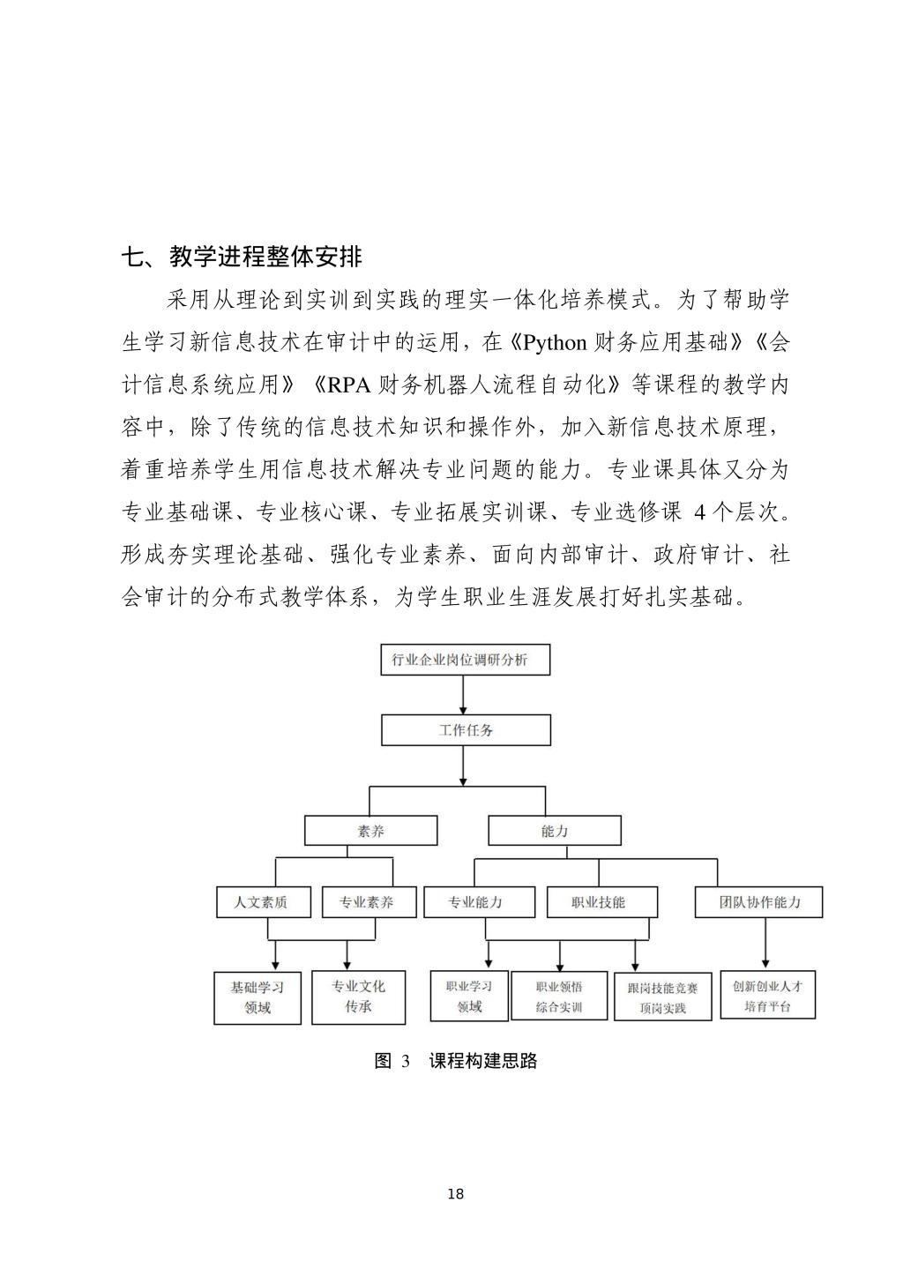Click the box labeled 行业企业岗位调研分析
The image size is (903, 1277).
pos(465,660)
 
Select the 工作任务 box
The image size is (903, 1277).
pos(466,730)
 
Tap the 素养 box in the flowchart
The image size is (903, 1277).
pos(370,831)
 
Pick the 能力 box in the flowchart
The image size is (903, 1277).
pos(554,831)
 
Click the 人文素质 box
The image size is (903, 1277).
pos(263,902)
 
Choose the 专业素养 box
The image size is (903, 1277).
pos(369,902)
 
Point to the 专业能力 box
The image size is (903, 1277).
pos(479,902)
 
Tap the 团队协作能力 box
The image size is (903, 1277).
pos(759,902)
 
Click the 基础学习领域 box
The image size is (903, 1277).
pos(257,997)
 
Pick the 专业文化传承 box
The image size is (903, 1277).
pos(358,997)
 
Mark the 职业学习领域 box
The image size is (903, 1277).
pos(469,996)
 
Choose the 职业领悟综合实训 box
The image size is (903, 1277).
pos(559,996)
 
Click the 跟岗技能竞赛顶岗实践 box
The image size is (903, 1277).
pos(662,997)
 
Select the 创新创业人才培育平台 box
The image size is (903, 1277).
pos(767,996)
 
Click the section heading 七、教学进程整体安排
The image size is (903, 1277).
pos(242,257)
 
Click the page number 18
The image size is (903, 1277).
pos(455,1195)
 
